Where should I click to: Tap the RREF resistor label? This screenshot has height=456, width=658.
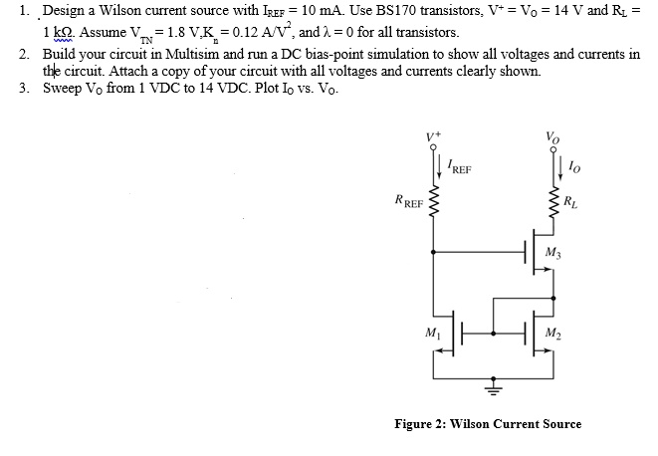(408, 208)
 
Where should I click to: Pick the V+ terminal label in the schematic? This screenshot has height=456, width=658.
(433, 133)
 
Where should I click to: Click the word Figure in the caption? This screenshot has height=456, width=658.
(414, 423)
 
